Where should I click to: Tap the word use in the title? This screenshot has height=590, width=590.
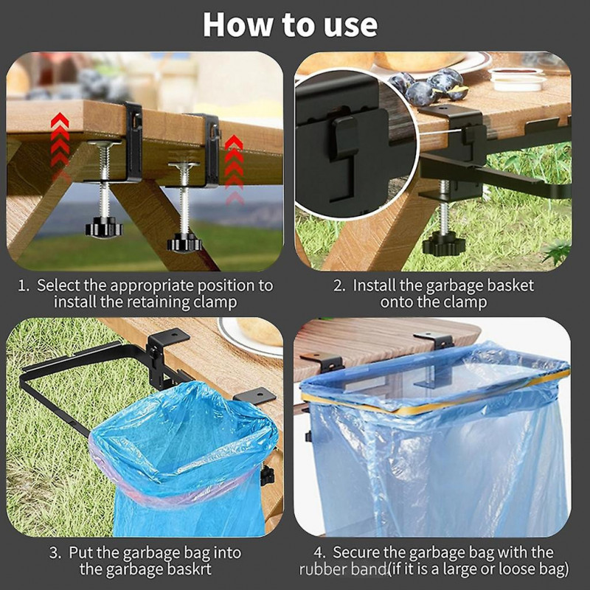346,24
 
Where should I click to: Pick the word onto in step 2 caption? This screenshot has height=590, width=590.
398,302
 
